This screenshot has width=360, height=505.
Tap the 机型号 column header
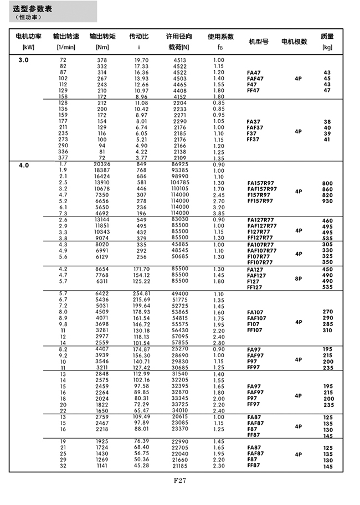(258, 42)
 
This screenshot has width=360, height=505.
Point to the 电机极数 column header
(294, 42)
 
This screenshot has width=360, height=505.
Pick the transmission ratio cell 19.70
(141, 60)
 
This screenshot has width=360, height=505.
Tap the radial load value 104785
(180, 182)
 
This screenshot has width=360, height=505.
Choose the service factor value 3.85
(218, 213)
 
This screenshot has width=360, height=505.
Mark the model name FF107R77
(260, 262)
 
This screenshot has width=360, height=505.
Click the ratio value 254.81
(141, 293)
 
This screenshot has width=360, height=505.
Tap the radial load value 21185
(180, 466)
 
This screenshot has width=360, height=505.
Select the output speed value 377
(63, 158)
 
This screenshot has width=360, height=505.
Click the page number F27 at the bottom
(179, 481)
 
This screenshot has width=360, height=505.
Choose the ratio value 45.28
(141, 466)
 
